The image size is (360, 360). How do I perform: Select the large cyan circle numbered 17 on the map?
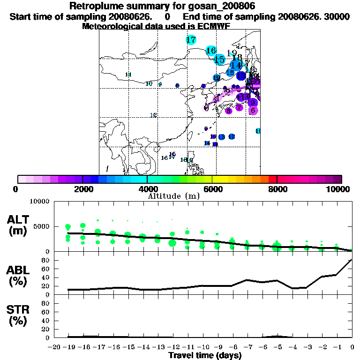pyautogui.click(x=191, y=40)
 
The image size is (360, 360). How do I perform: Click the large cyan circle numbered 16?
pyautogui.click(x=211, y=51)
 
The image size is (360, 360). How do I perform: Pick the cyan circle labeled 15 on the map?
pyautogui.click(x=219, y=60)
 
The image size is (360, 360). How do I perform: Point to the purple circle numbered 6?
pyautogui.click(x=253, y=111)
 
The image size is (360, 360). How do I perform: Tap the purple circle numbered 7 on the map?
pyautogui.click(x=239, y=107)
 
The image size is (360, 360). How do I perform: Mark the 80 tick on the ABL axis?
pyautogui.click(x=46, y=260)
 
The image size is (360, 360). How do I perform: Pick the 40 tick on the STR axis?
pyautogui.click(x=46, y=321)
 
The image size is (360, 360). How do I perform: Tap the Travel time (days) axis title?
pyautogui.click(x=205, y=356)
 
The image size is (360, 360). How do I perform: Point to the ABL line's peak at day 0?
pyautogui.click(x=352, y=260)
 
